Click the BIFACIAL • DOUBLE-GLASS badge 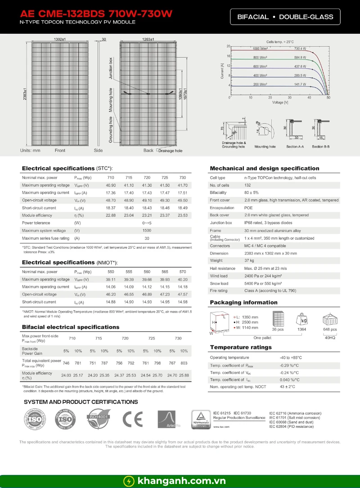coord(288,17)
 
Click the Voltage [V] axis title coord(280,103)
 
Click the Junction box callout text coord(111,68)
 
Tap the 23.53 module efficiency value coord(182,215)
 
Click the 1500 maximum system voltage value coord(147,231)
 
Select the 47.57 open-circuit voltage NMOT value coord(182,294)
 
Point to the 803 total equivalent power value coord(184,363)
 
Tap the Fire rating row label coord(219,291)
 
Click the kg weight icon coord(302,320)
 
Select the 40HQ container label coord(330,337)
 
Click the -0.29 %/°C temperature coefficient coord(289,365)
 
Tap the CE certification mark coord(133,420)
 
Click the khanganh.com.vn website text coord(181,481)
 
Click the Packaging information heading coord(243,302)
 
